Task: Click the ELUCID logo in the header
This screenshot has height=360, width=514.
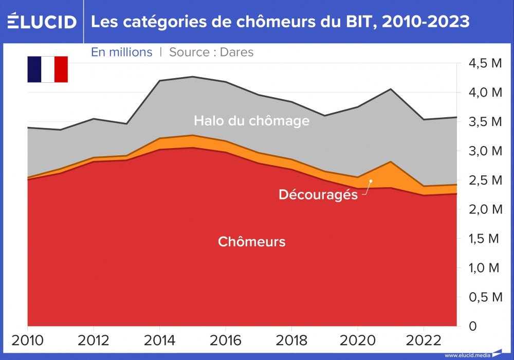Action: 42,22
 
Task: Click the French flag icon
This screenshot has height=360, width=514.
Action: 47,69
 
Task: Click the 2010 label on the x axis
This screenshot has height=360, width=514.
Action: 27,340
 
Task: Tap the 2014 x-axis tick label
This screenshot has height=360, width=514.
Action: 160,340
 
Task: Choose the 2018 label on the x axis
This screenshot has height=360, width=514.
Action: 292,340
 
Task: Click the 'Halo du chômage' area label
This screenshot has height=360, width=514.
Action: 251,121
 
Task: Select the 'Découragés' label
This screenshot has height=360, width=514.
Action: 318,195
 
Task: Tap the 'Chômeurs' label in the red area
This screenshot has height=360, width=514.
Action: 251,241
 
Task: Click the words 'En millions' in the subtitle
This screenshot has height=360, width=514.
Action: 122,52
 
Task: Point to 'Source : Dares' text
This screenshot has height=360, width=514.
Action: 211,52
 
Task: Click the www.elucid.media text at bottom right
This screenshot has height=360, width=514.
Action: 467,355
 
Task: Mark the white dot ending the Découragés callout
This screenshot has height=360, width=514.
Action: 371,181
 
